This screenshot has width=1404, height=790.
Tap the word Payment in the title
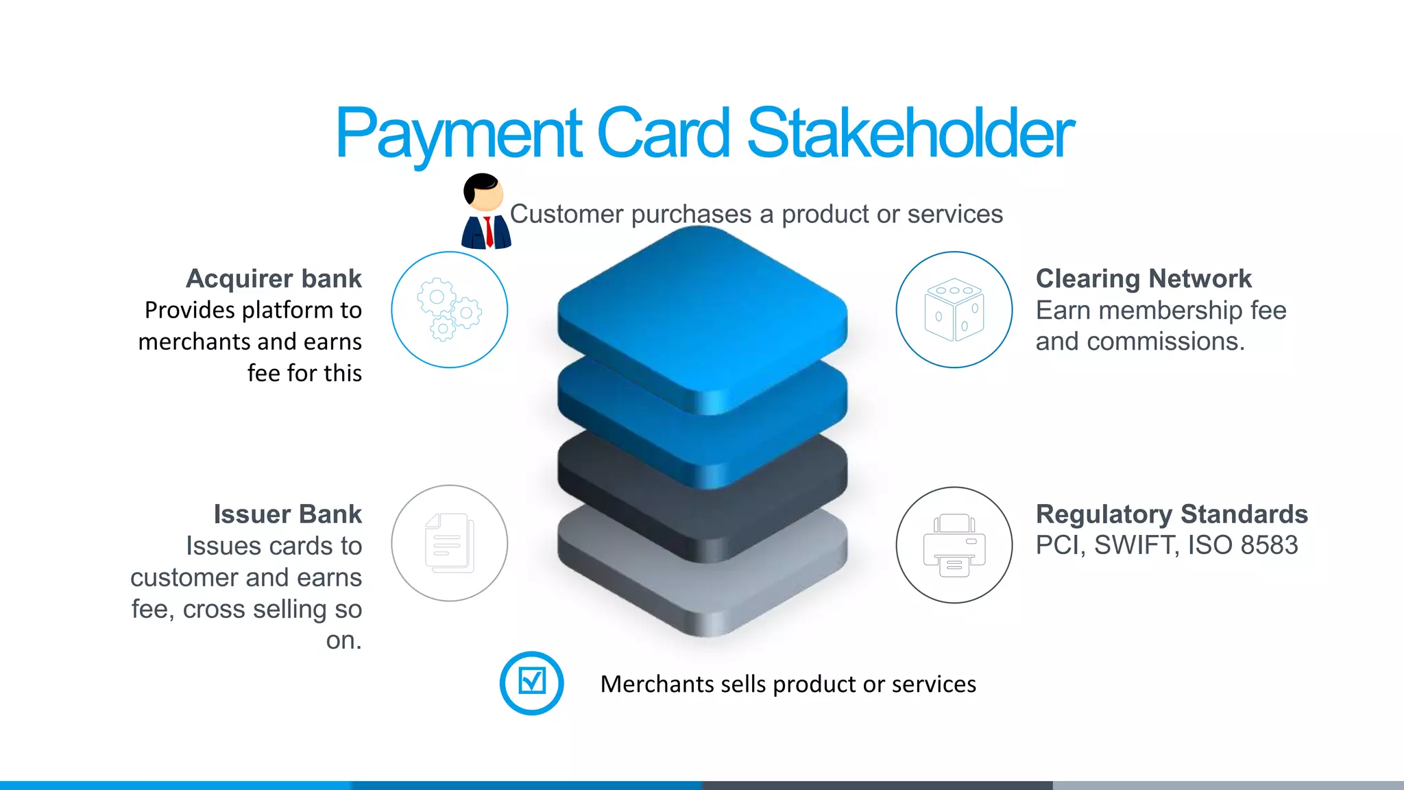(x=458, y=134)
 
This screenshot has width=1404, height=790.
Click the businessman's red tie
(x=488, y=232)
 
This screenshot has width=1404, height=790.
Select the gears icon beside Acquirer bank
(x=450, y=310)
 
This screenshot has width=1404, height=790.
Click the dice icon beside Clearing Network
(x=954, y=310)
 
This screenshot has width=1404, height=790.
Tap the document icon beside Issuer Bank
(x=450, y=543)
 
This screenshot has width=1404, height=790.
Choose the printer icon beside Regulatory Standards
(x=954, y=545)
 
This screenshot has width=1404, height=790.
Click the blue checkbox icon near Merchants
(x=531, y=682)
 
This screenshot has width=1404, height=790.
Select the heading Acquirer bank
(x=274, y=278)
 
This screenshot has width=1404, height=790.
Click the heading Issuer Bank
(x=287, y=514)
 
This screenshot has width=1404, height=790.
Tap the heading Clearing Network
(x=1143, y=278)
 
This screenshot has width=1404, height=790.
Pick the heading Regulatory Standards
(x=1172, y=514)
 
